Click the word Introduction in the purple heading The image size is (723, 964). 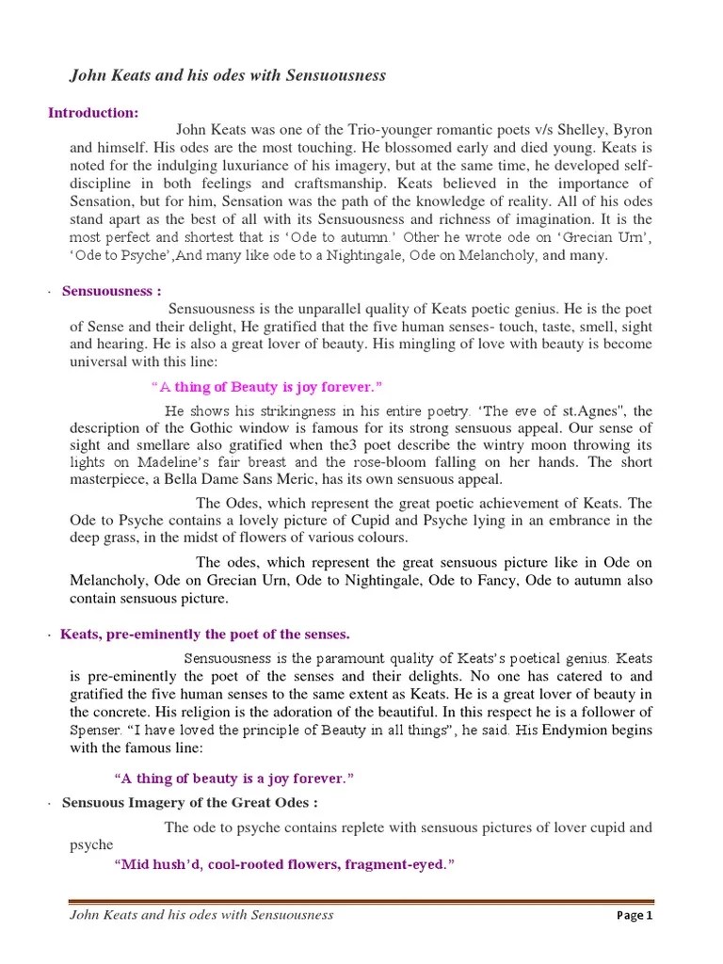91,113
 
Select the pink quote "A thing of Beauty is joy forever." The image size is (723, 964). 266,387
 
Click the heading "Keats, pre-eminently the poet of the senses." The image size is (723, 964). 205,635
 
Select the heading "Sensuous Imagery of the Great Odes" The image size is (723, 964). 189,803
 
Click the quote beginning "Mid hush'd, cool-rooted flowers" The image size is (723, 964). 283,865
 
